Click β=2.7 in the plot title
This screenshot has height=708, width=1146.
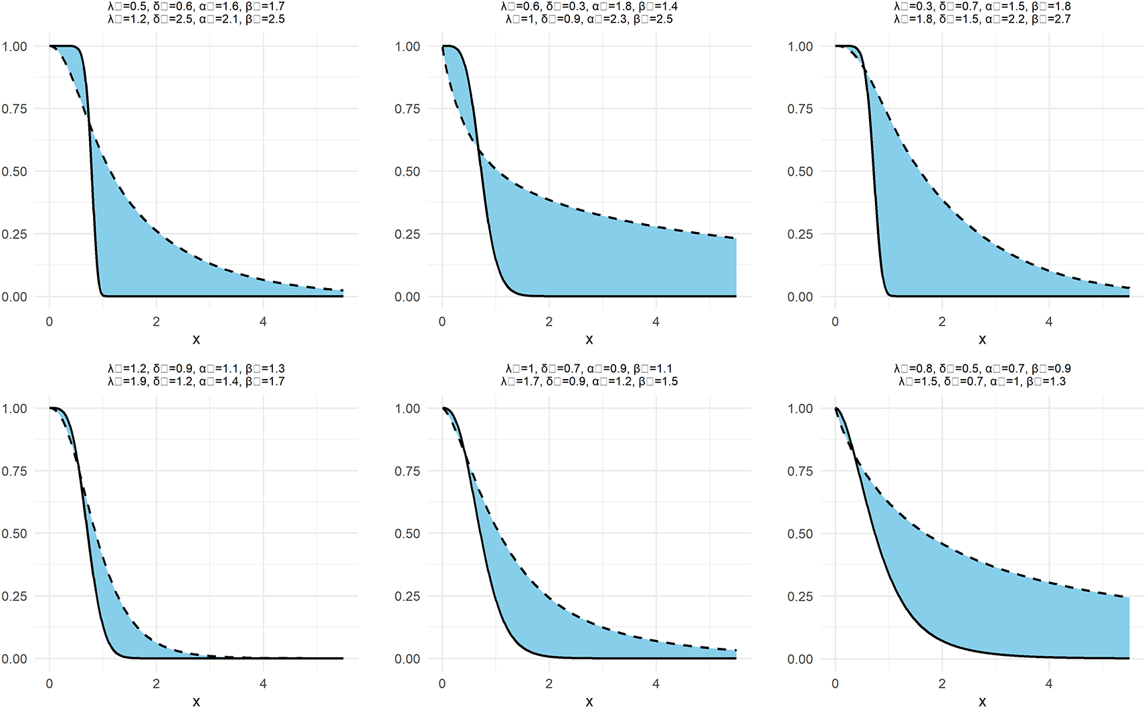(x=1051, y=19)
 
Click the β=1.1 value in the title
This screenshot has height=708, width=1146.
(x=653, y=369)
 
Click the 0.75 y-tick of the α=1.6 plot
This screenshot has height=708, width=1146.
(x=15, y=109)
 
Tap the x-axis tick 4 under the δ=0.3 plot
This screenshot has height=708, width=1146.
(x=656, y=322)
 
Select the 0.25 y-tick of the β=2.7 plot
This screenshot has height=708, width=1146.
(x=800, y=234)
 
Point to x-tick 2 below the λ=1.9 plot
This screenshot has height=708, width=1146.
(x=156, y=684)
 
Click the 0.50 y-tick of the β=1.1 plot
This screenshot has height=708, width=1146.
(x=407, y=534)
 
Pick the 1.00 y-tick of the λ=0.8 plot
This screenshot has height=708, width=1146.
(x=800, y=408)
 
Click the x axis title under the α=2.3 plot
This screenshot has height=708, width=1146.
(x=589, y=340)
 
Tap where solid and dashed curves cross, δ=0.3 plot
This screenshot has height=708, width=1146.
(x=479, y=151)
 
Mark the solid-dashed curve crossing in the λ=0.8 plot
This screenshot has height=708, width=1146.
(x=855, y=459)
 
